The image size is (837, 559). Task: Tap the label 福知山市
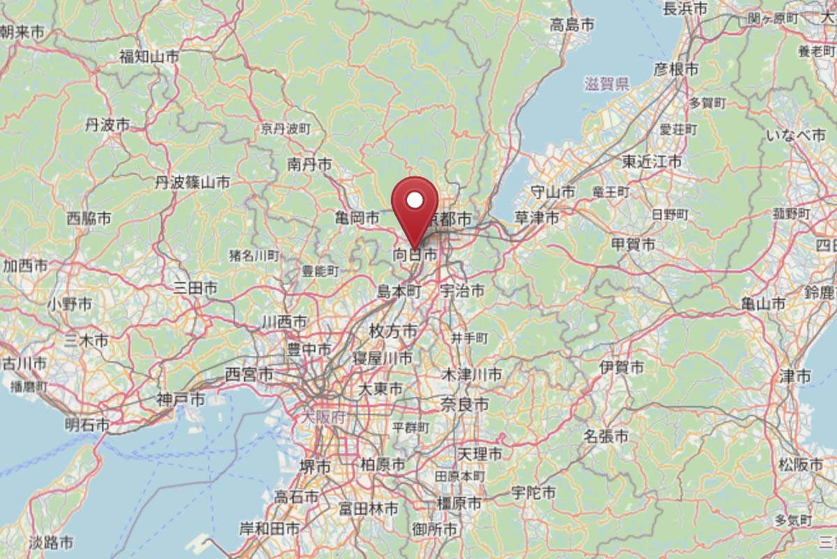pos(149,57)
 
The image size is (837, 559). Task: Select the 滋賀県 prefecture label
pos(607,85)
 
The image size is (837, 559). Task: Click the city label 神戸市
pos(181,400)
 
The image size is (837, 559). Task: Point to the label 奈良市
pos(464,404)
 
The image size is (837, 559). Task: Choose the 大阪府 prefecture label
pos(325,417)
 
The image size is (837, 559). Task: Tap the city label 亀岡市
pos(357,219)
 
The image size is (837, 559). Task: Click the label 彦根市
pos(676,69)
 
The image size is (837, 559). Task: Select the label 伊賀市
pos(621,366)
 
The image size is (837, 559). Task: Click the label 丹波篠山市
pos(193,183)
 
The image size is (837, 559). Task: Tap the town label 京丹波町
pos(286,129)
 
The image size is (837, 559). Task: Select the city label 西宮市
pos(249,375)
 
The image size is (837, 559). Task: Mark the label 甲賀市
pos(633,245)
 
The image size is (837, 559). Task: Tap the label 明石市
pos(87,424)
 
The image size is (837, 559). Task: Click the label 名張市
pos(606,437)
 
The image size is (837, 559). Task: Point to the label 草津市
pos(536,218)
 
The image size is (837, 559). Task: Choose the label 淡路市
pos(51,542)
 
